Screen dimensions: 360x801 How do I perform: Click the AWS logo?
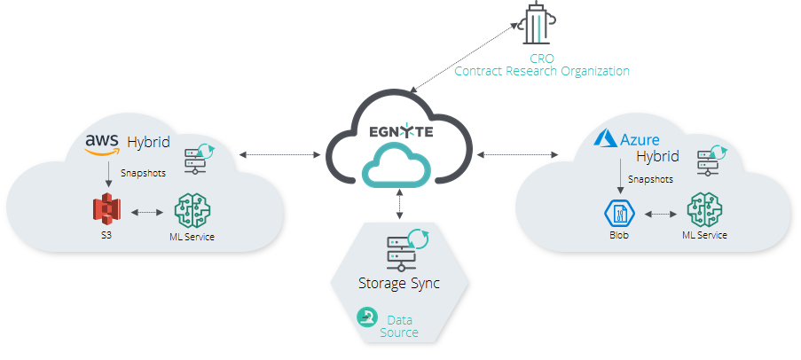click(102, 144)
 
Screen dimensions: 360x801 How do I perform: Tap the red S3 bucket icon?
click(106, 210)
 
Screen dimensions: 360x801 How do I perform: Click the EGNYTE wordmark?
click(401, 133)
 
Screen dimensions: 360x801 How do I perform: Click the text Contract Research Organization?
click(541, 71)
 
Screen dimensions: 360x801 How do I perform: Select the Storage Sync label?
click(398, 284)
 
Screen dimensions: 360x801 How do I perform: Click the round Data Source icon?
click(365, 317)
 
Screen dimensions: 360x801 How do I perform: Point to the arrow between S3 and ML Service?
click(147, 213)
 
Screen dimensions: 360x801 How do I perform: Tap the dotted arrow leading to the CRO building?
click(467, 55)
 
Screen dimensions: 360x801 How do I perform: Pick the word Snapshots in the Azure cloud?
click(649, 179)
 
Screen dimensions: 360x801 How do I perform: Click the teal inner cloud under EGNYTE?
click(401, 168)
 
